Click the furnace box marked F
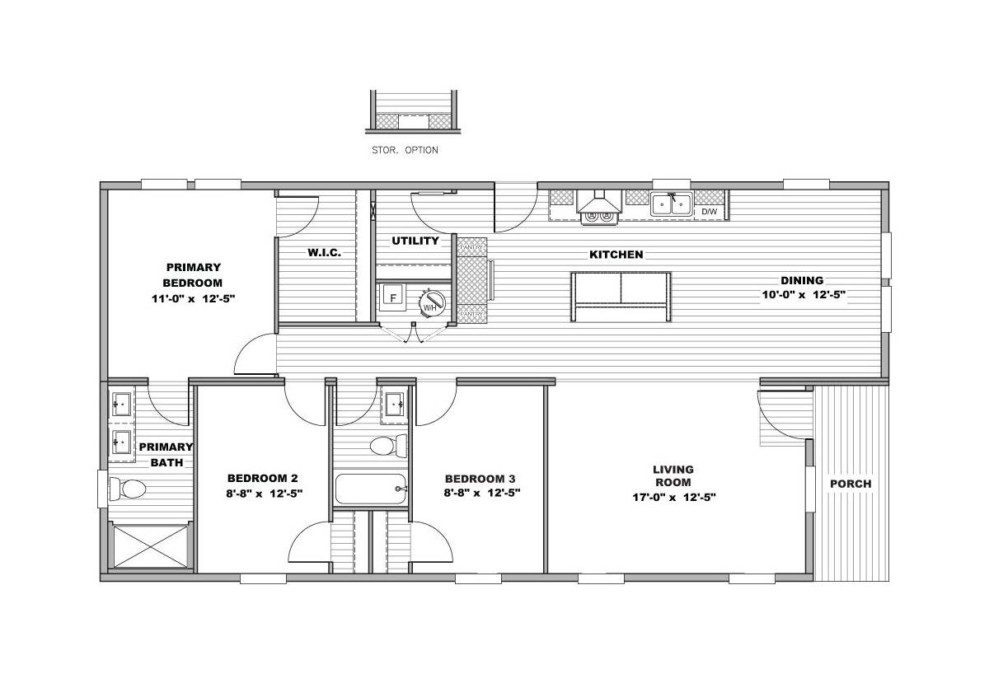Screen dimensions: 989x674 [392, 297]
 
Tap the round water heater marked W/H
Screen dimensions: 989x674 [432, 303]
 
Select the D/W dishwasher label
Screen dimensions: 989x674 [709, 212]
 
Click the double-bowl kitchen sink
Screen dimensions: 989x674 [671, 204]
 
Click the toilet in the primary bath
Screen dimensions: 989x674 [128, 489]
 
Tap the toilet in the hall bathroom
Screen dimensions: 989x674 [388, 446]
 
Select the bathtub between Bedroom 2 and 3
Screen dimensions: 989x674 [370, 489]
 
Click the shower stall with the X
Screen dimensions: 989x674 [151, 546]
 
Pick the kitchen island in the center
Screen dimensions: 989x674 [621, 297]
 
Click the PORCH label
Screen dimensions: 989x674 [851, 484]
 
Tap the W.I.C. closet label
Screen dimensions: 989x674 [325, 252]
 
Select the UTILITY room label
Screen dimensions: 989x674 [415, 241]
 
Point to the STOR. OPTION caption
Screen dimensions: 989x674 [405, 150]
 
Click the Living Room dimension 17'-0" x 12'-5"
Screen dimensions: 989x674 [674, 498]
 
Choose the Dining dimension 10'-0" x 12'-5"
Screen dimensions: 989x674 [804, 295]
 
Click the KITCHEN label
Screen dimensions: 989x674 [616, 255]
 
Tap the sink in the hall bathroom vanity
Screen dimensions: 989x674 [394, 405]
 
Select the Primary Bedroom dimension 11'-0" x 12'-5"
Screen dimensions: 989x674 [193, 299]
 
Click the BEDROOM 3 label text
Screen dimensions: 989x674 [480, 479]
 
